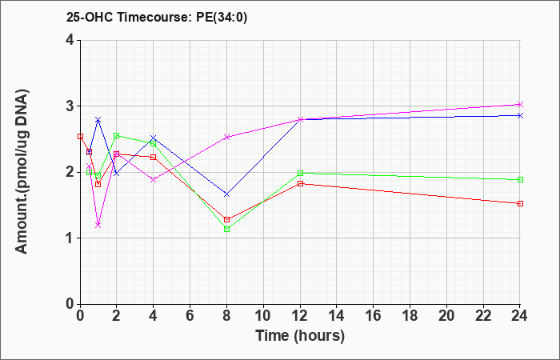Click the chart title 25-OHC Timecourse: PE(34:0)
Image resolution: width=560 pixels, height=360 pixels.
click(x=157, y=17)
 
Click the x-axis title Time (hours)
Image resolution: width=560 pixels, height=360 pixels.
click(x=300, y=336)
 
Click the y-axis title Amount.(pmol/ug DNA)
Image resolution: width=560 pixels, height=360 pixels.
click(x=22, y=172)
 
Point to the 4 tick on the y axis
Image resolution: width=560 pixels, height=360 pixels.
click(x=70, y=40)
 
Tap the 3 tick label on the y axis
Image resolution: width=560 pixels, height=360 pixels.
click(x=70, y=106)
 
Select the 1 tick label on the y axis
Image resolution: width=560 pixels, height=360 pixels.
click(x=70, y=238)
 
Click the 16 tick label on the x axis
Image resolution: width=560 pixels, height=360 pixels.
click(x=374, y=316)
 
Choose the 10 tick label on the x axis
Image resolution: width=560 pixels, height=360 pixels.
click(x=263, y=316)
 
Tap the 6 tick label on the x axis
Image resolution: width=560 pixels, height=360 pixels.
click(x=190, y=316)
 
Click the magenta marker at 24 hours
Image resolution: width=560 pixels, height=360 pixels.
click(x=520, y=104)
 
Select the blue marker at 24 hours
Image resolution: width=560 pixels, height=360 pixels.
click(x=520, y=115)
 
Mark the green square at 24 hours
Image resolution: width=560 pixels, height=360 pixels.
click(x=520, y=180)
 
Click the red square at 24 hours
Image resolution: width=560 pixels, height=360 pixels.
click(x=520, y=203)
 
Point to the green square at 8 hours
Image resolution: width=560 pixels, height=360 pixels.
click(x=226, y=230)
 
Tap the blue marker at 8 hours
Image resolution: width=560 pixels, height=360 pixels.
click(x=226, y=194)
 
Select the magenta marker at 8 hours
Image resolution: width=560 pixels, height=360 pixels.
click(x=226, y=137)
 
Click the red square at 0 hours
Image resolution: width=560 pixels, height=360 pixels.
click(x=80, y=137)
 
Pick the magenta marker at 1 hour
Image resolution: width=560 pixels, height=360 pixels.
click(x=98, y=225)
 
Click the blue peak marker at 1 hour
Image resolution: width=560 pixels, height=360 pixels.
click(x=98, y=120)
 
